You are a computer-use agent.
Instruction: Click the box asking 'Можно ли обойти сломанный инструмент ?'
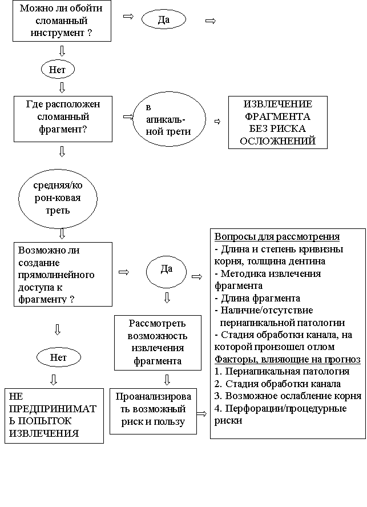pyautogui.click(x=62, y=21)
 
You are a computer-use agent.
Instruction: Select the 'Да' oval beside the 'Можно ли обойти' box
pyautogui.click(x=164, y=20)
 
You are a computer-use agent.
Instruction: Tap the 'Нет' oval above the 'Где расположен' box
pyautogui.click(x=58, y=70)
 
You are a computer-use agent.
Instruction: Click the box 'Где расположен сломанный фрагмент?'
pyautogui.click(x=63, y=118)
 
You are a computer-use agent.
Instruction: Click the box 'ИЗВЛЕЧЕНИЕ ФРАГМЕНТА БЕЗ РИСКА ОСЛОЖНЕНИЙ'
pyautogui.click(x=278, y=123)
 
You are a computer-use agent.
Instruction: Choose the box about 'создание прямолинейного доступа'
pyautogui.click(x=62, y=274)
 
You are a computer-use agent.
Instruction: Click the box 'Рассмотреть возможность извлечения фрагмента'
pyautogui.click(x=158, y=343)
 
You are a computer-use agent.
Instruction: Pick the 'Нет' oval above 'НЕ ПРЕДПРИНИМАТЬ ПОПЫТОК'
pyautogui.click(x=58, y=358)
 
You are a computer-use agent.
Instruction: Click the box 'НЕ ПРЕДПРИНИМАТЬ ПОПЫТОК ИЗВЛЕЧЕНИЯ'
pyautogui.click(x=54, y=416)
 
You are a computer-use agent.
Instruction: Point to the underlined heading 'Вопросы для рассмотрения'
pyautogui.click(x=277, y=237)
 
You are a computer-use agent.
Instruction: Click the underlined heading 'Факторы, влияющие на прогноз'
pyautogui.click(x=288, y=360)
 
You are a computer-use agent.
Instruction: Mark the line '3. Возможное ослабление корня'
pyautogui.click(x=288, y=396)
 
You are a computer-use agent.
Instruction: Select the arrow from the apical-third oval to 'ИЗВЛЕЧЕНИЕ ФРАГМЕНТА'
pyautogui.click(x=217, y=121)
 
